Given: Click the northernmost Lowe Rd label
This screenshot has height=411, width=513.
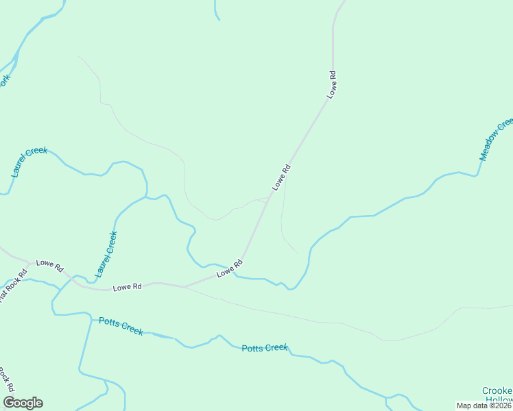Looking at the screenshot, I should (x=333, y=84).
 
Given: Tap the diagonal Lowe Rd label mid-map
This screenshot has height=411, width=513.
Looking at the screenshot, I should (x=281, y=177).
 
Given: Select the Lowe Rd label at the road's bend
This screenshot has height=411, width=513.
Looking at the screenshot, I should (x=230, y=268).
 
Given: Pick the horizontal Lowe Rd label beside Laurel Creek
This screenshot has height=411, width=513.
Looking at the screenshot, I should (x=127, y=287).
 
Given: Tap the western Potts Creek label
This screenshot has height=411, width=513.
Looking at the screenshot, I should (x=121, y=325).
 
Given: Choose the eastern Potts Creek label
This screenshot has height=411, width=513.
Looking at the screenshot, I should (x=265, y=348).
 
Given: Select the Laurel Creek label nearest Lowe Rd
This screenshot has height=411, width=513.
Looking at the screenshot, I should (x=106, y=254).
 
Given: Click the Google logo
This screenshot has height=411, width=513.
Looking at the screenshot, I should (x=23, y=403).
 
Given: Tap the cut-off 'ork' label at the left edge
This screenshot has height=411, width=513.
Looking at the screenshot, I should (x=5, y=80).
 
